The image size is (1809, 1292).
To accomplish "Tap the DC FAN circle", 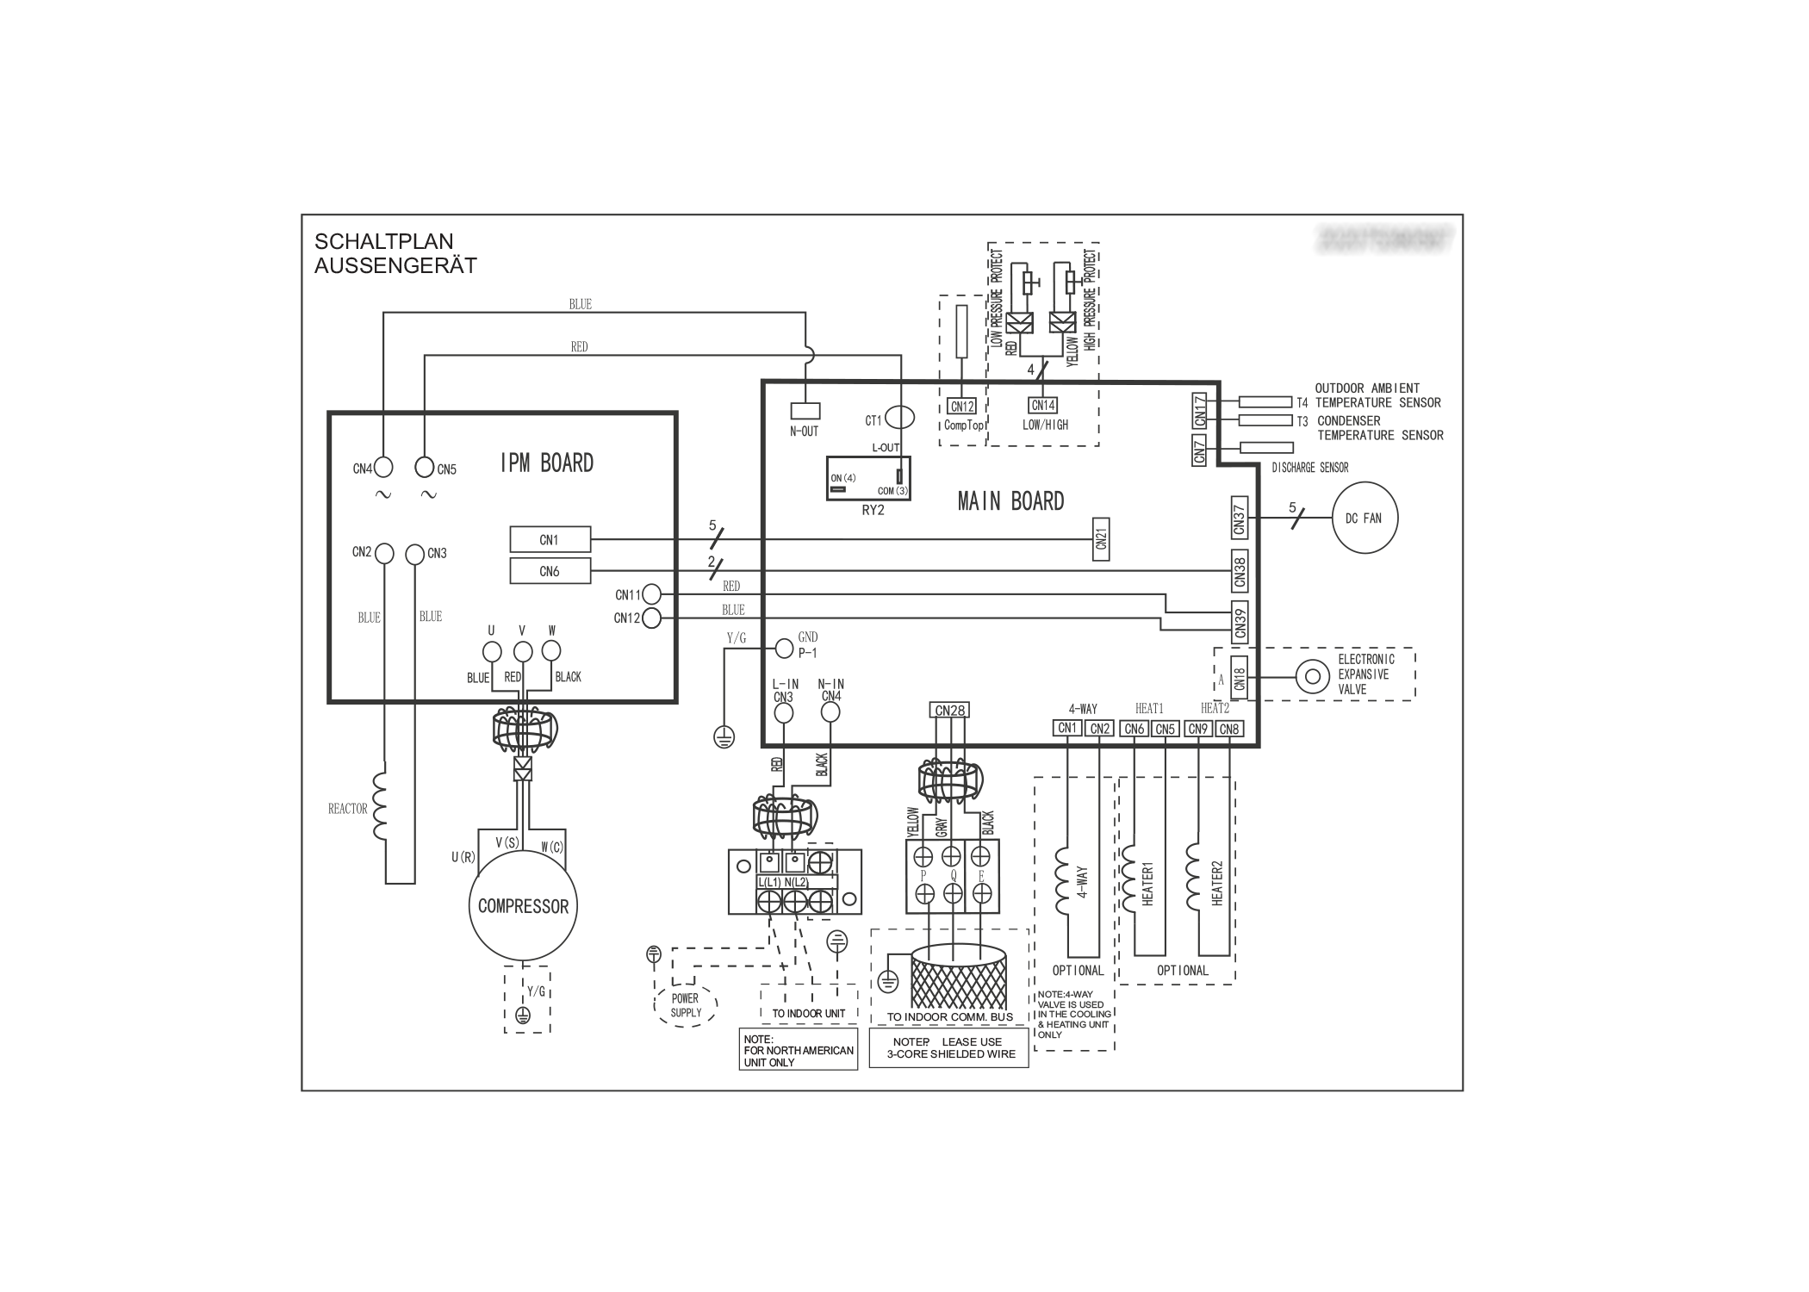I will point(1364,518).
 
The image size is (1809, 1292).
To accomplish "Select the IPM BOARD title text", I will point(547,463).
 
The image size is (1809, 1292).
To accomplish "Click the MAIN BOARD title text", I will point(1010,500).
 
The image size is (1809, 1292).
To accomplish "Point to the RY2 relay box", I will point(867,478).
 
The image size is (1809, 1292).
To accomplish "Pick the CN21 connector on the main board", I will point(1100,539).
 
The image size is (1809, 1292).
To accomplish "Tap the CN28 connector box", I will point(949,710).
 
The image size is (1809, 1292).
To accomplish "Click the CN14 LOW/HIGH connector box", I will point(1043,405).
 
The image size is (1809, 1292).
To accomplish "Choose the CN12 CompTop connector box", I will point(961,406).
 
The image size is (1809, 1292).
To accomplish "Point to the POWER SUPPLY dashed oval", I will point(686,1005).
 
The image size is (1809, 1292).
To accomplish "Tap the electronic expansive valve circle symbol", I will point(1313,676).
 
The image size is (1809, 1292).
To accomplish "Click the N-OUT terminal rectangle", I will point(805,411).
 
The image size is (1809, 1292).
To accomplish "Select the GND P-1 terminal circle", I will point(784,648).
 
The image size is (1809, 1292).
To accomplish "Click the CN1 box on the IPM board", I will point(550,540).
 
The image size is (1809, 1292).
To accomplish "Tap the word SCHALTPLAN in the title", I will point(383,241).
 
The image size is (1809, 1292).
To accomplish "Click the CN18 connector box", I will point(1239,676).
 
